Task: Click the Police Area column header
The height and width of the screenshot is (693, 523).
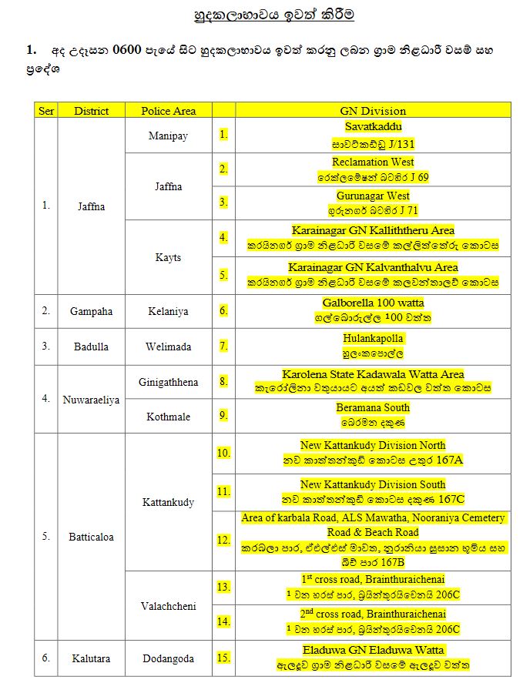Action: pyautogui.click(x=168, y=111)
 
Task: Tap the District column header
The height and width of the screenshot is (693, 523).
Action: pyautogui.click(x=91, y=111)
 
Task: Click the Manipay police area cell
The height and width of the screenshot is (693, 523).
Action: pyautogui.click(x=168, y=136)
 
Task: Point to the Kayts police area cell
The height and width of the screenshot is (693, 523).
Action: pyautogui.click(x=168, y=257)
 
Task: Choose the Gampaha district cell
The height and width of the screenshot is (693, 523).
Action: pyautogui.click(x=91, y=312)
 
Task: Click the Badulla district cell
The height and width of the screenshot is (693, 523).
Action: pyautogui.click(x=91, y=346)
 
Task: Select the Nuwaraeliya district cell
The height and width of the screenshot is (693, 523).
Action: pyautogui.click(x=91, y=400)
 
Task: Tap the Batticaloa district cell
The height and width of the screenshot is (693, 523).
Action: pyautogui.click(x=91, y=537)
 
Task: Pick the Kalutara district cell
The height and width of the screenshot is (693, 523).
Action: pyautogui.click(x=91, y=659)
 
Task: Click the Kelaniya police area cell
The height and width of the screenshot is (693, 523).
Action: pyautogui.click(x=168, y=312)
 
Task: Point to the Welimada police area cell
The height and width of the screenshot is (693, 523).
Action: pyautogui.click(x=168, y=346)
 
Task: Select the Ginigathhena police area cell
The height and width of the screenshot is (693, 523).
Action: pyautogui.click(x=168, y=383)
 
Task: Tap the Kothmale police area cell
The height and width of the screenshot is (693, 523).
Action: pyautogui.click(x=168, y=417)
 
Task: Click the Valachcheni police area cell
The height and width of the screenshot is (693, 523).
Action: pyautogui.click(x=168, y=606)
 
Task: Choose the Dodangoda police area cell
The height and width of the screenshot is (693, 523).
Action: pyautogui.click(x=168, y=659)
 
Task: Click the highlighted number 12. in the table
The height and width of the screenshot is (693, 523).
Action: pyautogui.click(x=223, y=541)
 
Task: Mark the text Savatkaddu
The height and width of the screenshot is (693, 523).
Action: pyautogui.click(x=373, y=127)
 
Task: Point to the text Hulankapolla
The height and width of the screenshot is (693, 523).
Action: pyautogui.click(x=373, y=338)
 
